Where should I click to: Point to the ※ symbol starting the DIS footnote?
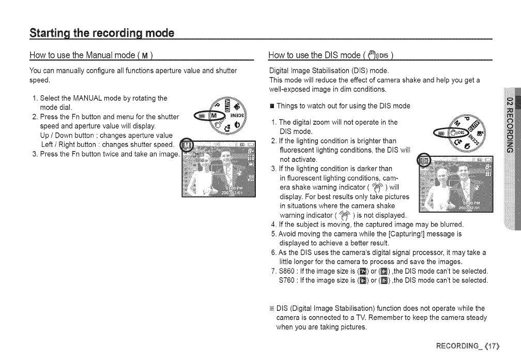click(271, 308)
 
